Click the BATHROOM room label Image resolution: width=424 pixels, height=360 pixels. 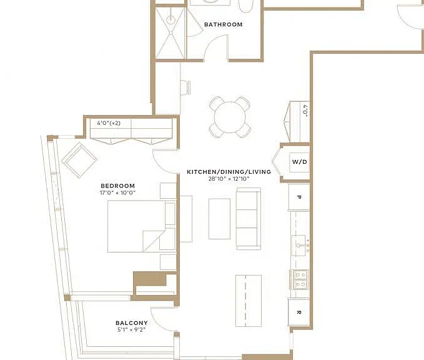coord(224,24)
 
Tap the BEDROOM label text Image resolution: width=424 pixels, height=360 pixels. coord(117,186)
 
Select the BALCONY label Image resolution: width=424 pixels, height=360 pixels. coord(132,323)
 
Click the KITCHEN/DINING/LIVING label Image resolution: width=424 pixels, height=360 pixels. coord(229,172)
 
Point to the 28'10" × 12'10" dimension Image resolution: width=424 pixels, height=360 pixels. coord(229,179)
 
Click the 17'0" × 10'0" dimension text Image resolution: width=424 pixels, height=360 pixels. coord(117,192)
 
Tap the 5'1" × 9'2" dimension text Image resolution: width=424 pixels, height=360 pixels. coord(132,329)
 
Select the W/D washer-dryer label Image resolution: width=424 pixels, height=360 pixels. coord(300,162)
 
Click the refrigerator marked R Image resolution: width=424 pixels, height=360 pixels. coord(299,312)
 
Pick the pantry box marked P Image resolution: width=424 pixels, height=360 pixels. coord(299,197)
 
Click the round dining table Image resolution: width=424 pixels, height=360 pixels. coord(230,117)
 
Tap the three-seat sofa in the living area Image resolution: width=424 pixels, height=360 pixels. coord(249,218)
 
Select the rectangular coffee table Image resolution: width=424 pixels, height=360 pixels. coord(219,219)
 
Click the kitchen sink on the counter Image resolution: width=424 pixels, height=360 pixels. coord(299,245)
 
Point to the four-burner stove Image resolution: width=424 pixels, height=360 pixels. coord(299,279)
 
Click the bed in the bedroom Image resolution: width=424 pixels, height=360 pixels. coord(141,226)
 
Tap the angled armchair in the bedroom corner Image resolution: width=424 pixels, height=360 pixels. coord(79,160)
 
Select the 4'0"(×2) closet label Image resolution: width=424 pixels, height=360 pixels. coord(109,123)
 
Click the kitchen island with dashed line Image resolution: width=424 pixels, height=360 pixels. coord(249,301)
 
